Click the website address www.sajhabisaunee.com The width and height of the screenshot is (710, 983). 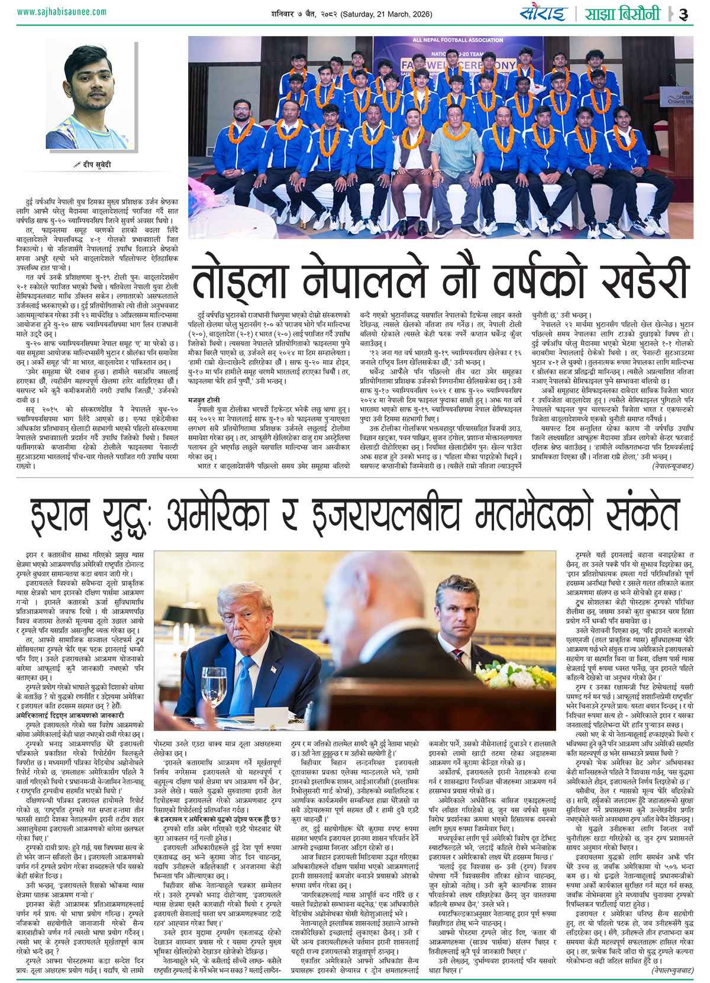(62, 11)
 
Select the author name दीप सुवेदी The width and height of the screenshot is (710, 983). (95, 164)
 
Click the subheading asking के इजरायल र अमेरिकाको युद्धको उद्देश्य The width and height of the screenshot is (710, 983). (217, 819)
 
